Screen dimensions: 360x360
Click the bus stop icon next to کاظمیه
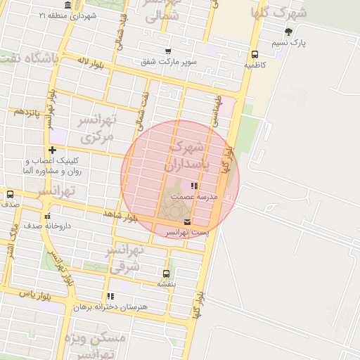pyautogui.click(x=254, y=54)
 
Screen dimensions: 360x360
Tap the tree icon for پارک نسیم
pyautogui.click(x=288, y=32)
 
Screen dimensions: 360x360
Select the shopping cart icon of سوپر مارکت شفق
pyautogui.click(x=167, y=51)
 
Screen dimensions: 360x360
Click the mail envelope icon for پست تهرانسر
pyautogui.click(x=186, y=222)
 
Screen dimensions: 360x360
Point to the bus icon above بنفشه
pyautogui.click(x=166, y=274)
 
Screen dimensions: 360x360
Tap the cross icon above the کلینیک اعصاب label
pyautogui.click(x=52, y=150)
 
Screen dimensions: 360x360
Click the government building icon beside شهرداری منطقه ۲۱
pyautogui.click(x=67, y=5)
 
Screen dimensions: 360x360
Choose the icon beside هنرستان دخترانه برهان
pyautogui.click(x=110, y=296)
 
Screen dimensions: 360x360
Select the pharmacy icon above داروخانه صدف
pyautogui.click(x=47, y=215)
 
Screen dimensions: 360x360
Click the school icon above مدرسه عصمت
pyautogui.click(x=194, y=186)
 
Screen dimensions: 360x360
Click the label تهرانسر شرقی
pyautogui.click(x=124, y=257)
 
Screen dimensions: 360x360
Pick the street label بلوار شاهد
pyautogui.click(x=120, y=215)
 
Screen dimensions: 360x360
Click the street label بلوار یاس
pyautogui.click(x=36, y=293)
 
